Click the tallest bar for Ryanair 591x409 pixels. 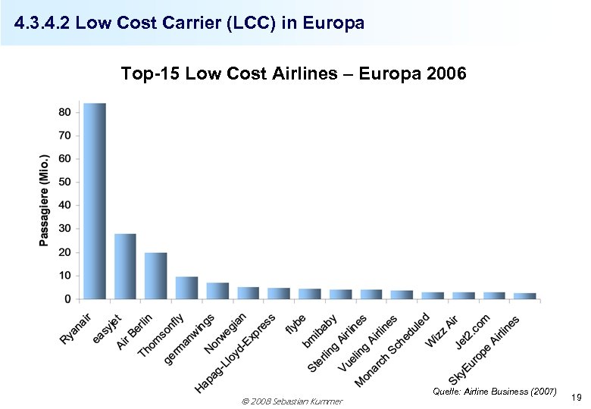coord(95,201)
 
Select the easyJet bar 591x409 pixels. coord(125,266)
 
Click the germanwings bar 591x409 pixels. coord(217,291)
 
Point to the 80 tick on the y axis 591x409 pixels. coord(64,112)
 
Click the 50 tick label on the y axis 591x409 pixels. coord(64,182)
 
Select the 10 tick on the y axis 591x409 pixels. coord(64,276)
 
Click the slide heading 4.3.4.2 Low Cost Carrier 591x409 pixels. coord(189,24)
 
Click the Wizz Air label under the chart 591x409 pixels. coord(442,330)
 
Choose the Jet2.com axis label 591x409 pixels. coord(473,331)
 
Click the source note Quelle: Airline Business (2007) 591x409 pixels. coord(494,392)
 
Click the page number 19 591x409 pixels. coord(576,397)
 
